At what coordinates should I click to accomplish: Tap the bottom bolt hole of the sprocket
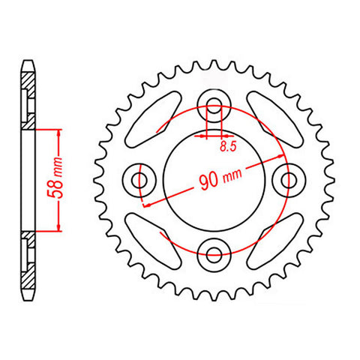[214, 252]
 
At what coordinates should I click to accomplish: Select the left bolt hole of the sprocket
[140, 178]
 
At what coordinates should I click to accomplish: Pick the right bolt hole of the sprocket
[287, 178]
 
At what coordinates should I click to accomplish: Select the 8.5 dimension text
[226, 148]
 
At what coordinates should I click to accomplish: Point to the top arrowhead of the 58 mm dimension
[58, 130]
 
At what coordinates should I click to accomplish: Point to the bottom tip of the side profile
[28, 298]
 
